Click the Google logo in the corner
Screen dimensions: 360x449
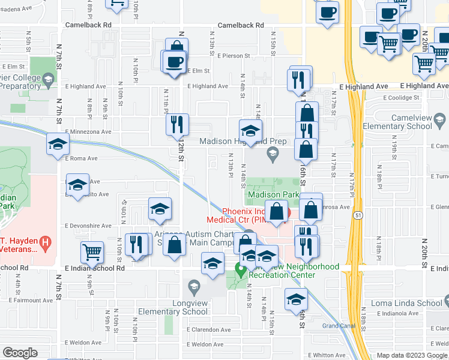(20, 353)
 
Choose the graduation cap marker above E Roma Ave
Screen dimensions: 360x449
(59, 144)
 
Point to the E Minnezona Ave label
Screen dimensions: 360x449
(88, 131)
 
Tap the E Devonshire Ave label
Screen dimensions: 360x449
(88, 226)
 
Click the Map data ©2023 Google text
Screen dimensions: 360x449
(411, 355)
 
